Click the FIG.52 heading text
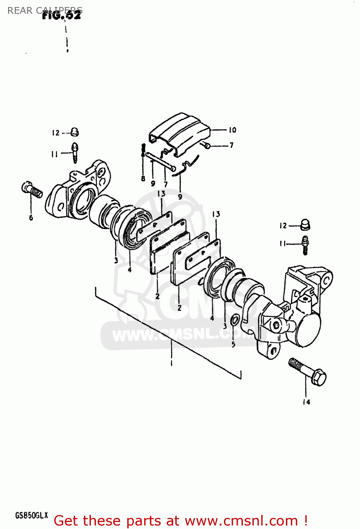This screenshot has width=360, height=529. (62, 16)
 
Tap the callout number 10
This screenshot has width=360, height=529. (232, 130)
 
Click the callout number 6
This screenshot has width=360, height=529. (31, 218)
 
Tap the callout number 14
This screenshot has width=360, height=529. (306, 402)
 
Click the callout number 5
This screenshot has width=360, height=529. (233, 344)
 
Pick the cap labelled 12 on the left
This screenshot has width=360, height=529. (74, 132)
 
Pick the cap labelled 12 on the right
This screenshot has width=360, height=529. (305, 225)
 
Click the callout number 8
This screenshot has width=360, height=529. (143, 178)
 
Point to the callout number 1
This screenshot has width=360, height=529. (171, 363)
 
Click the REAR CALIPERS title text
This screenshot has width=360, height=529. (45, 11)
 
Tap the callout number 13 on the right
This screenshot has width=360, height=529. (216, 214)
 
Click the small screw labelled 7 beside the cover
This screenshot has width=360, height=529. (207, 145)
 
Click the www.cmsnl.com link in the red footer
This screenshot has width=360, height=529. (241, 521)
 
